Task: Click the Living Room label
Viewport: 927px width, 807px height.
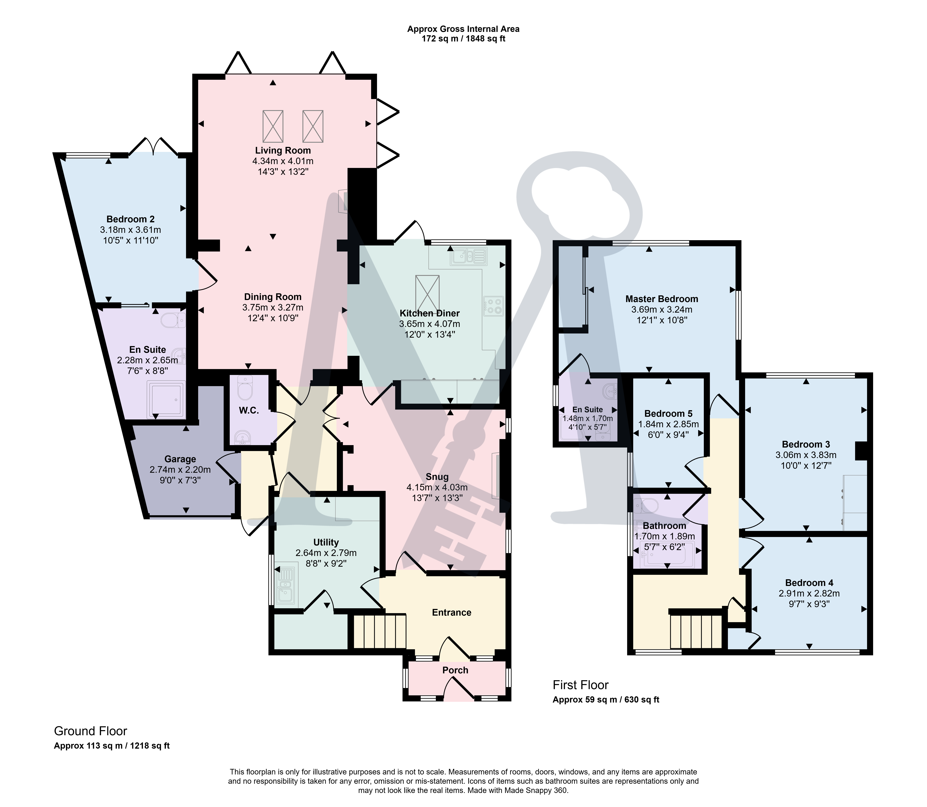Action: [283, 150]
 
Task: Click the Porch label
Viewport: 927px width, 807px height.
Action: [455, 670]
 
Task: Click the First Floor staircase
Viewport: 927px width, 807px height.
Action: [696, 631]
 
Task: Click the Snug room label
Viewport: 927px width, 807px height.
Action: [437, 477]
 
